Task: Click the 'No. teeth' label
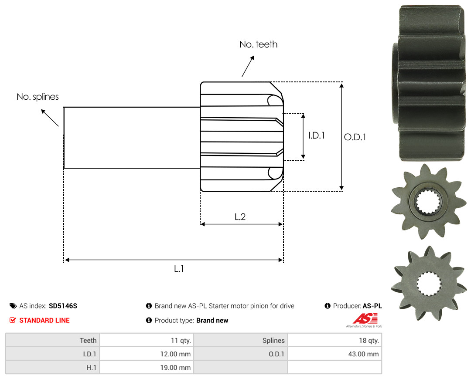[258, 44]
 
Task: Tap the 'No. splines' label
[38, 97]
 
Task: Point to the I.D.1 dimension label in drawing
[317, 135]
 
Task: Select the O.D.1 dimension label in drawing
[355, 137]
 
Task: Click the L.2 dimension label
[240, 217]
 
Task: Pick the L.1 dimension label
[179, 269]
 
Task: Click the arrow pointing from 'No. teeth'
[248, 66]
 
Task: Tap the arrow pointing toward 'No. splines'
[50, 118]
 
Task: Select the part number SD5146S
[63, 306]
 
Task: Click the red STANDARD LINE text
[44, 320]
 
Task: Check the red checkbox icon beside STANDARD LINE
[13, 320]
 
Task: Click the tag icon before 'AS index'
[13, 306]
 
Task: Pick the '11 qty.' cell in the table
[147, 340]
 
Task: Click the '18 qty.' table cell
[334, 340]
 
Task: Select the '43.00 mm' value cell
[334, 354]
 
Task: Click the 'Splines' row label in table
[273, 340]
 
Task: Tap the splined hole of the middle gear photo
[429, 202]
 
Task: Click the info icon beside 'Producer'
[328, 306]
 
